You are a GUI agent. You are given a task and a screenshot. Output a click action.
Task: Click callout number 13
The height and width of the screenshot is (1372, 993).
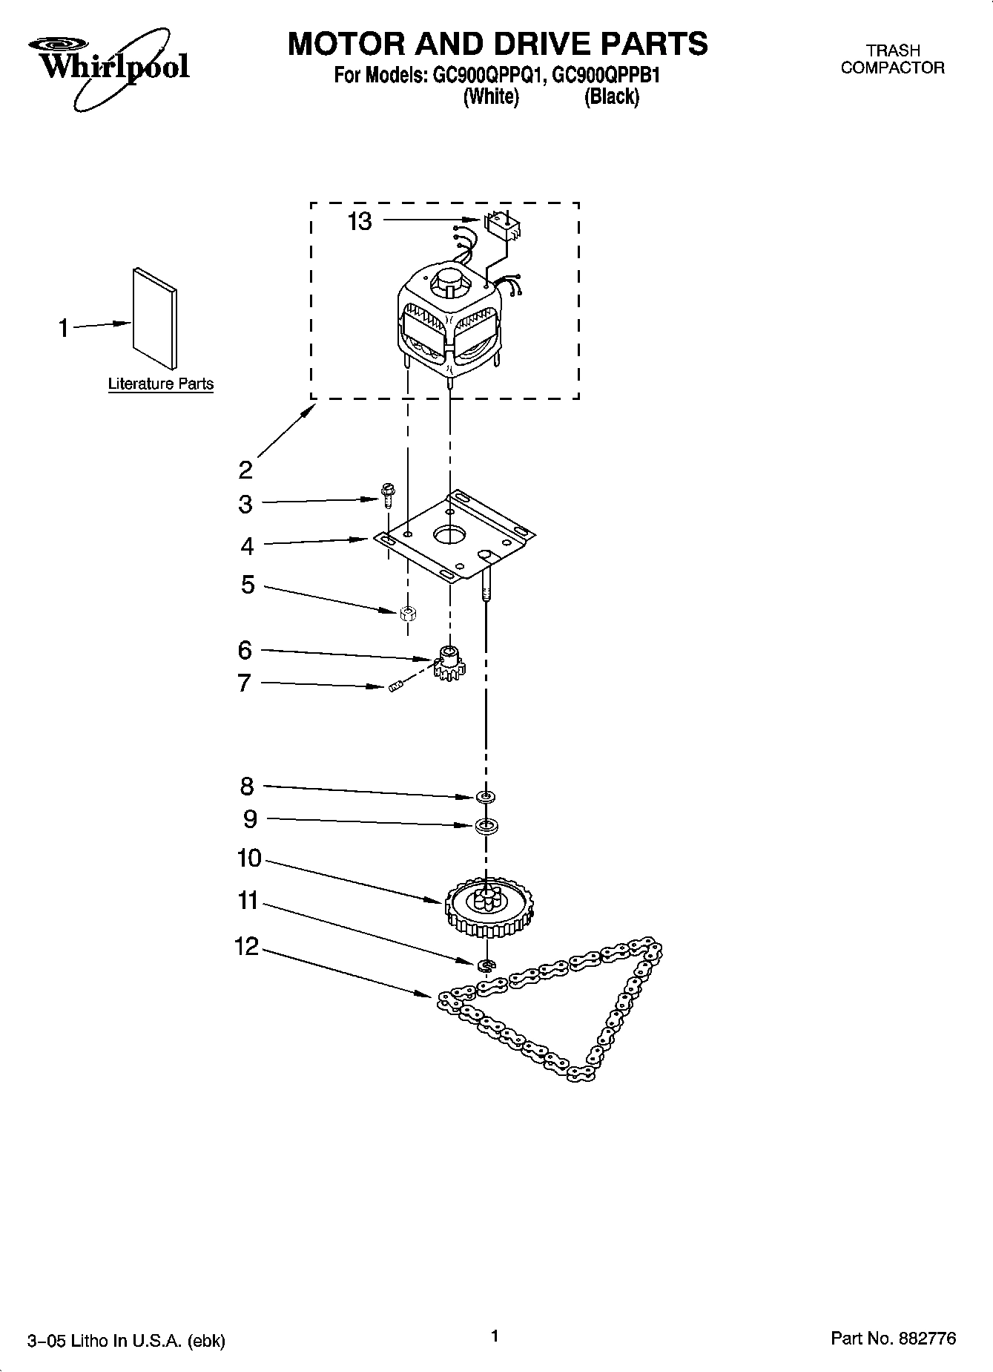(x=360, y=221)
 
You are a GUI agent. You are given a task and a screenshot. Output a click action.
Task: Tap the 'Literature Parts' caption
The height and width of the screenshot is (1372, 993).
(x=161, y=384)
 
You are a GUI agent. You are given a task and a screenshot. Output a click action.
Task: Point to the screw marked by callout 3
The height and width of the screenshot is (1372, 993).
(x=386, y=494)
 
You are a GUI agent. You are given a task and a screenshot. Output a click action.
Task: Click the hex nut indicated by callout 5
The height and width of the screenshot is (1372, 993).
(x=406, y=613)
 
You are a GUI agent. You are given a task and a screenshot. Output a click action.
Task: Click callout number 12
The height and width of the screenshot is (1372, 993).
(x=247, y=946)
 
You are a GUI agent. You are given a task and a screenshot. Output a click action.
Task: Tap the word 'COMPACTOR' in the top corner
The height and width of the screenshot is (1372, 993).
(x=893, y=68)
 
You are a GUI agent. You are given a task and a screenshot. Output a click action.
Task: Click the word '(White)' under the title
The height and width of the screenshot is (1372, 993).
(x=491, y=96)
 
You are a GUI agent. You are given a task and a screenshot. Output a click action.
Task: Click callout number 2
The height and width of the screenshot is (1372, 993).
(x=245, y=470)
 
